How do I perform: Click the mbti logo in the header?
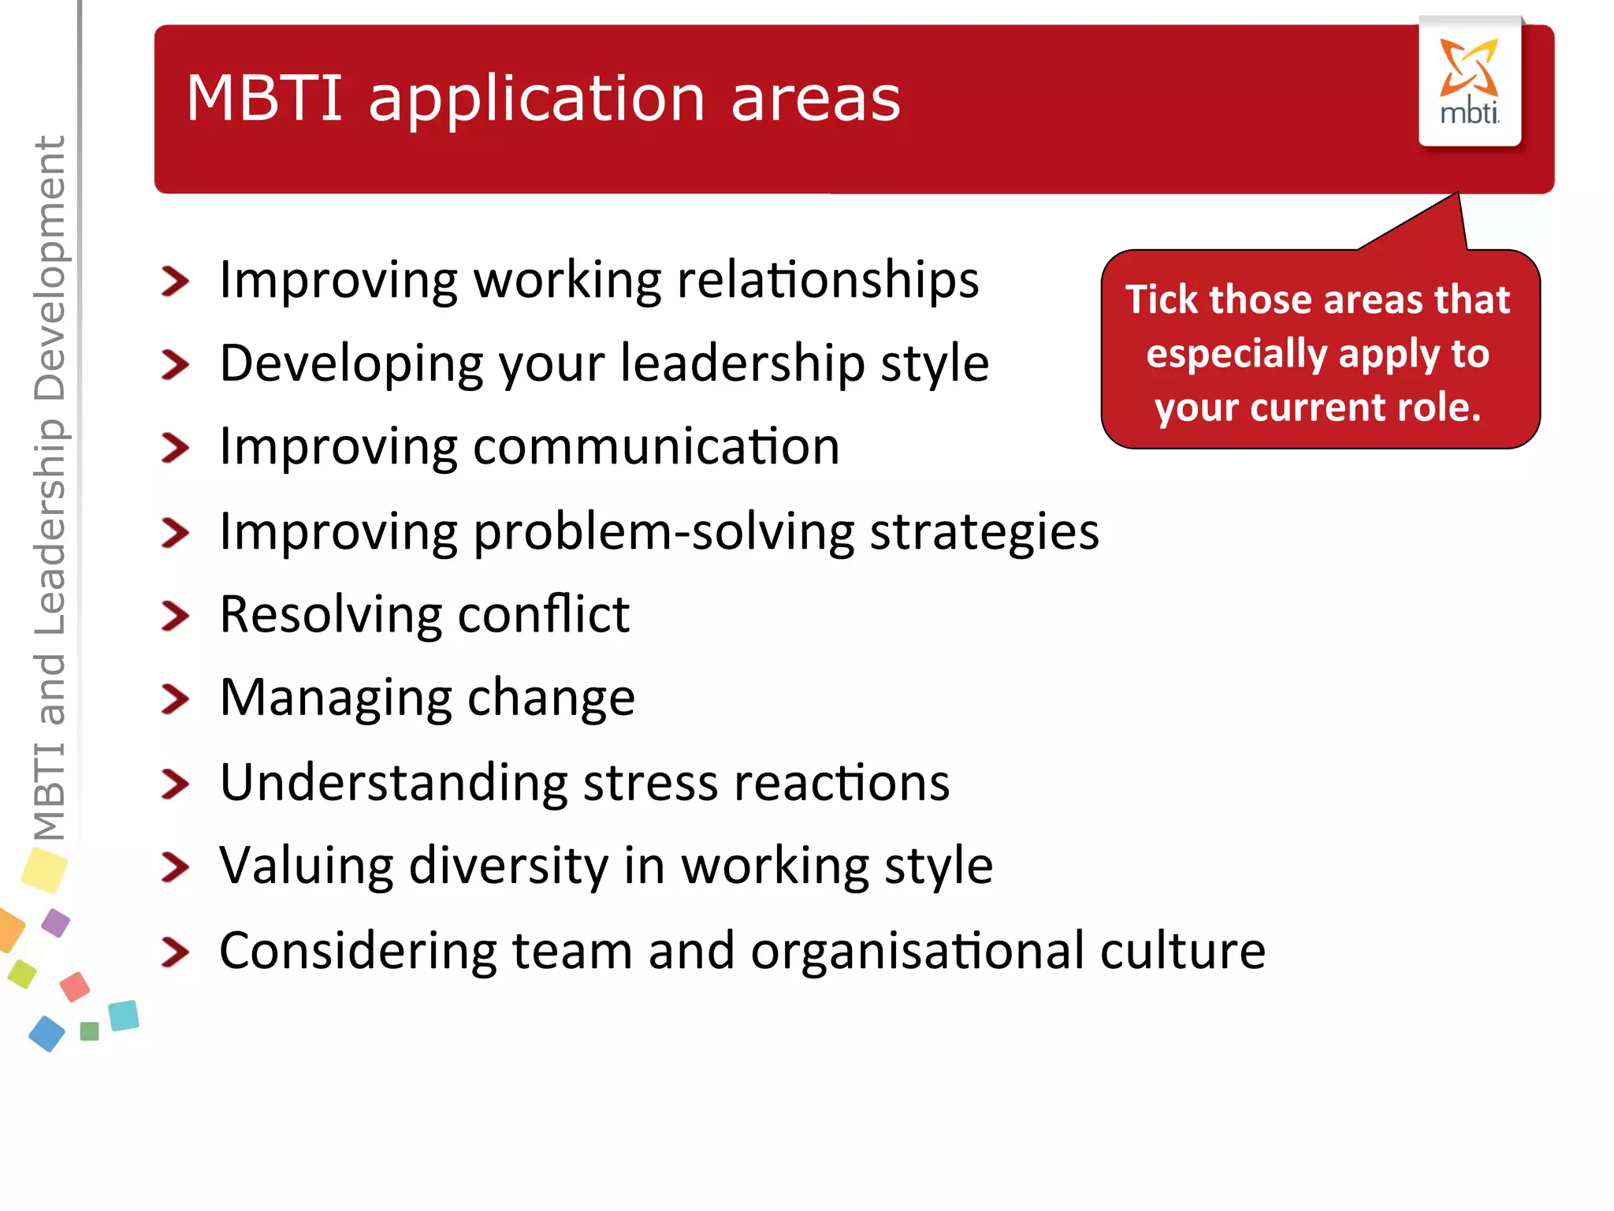click(1469, 82)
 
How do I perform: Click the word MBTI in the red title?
click(265, 98)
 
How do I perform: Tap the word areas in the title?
click(815, 99)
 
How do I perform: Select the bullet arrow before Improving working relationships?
click(175, 281)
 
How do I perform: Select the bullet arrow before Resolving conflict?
click(175, 616)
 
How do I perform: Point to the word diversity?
click(509, 866)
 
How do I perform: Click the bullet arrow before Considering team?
click(175, 952)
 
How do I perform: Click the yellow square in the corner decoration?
click(44, 870)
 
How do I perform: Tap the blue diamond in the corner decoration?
click(46, 1033)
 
